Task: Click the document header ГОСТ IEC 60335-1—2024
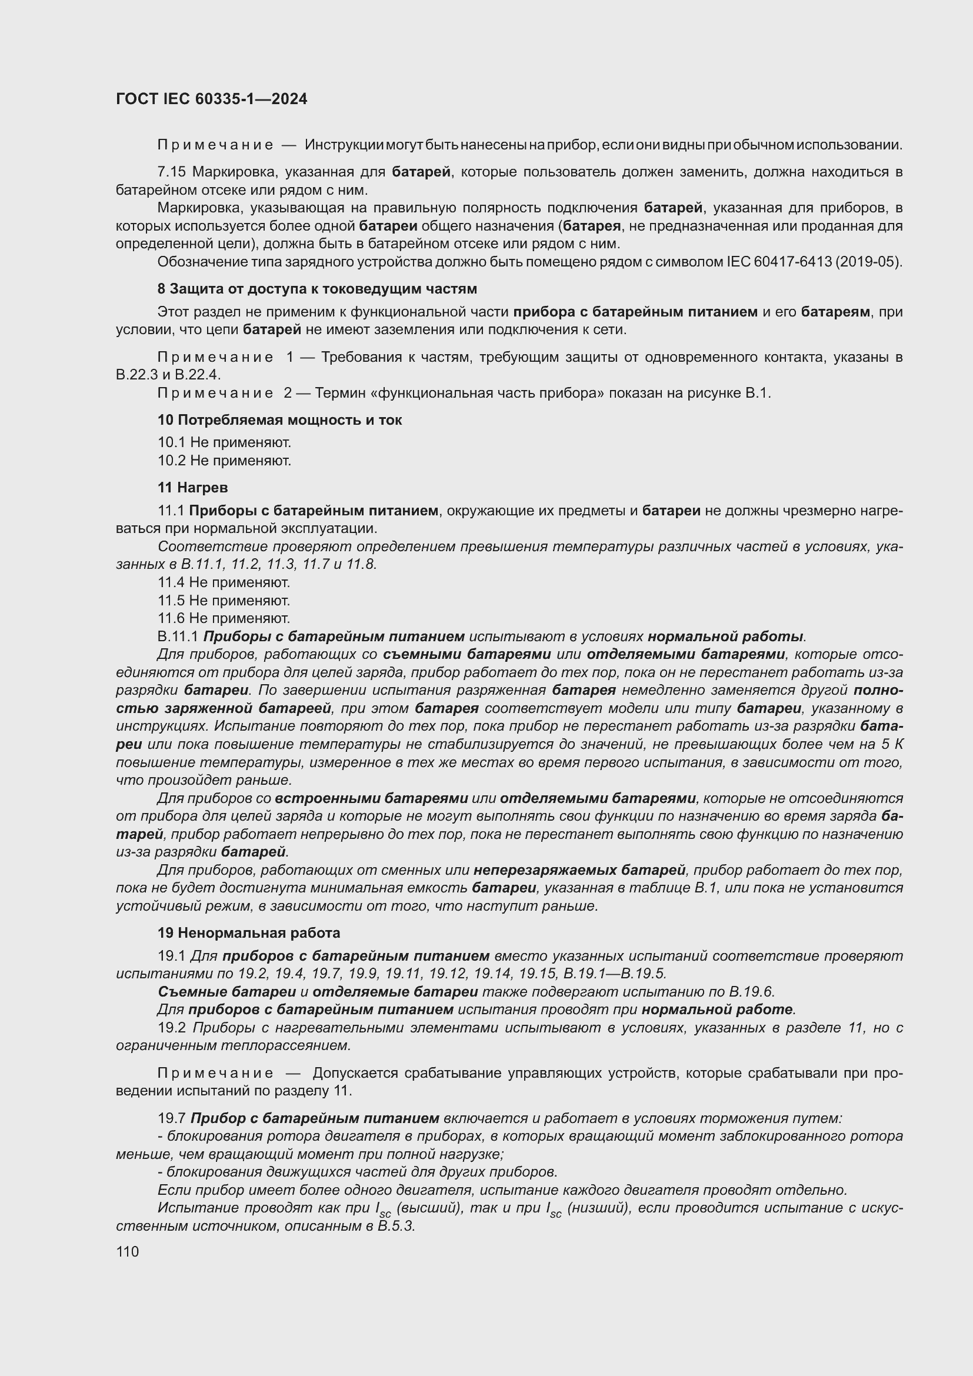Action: point(212,99)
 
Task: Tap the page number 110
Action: point(128,1252)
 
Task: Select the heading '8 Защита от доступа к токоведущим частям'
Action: point(317,289)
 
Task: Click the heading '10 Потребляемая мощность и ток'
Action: point(279,420)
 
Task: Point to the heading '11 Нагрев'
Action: point(192,488)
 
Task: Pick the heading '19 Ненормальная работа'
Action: point(249,933)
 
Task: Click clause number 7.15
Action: point(171,172)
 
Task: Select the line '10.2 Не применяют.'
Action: point(224,461)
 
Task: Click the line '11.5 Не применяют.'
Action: point(224,601)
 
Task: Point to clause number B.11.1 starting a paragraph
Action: point(177,637)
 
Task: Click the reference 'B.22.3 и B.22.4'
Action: point(168,375)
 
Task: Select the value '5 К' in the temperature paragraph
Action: point(891,745)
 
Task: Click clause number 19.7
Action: point(171,1118)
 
